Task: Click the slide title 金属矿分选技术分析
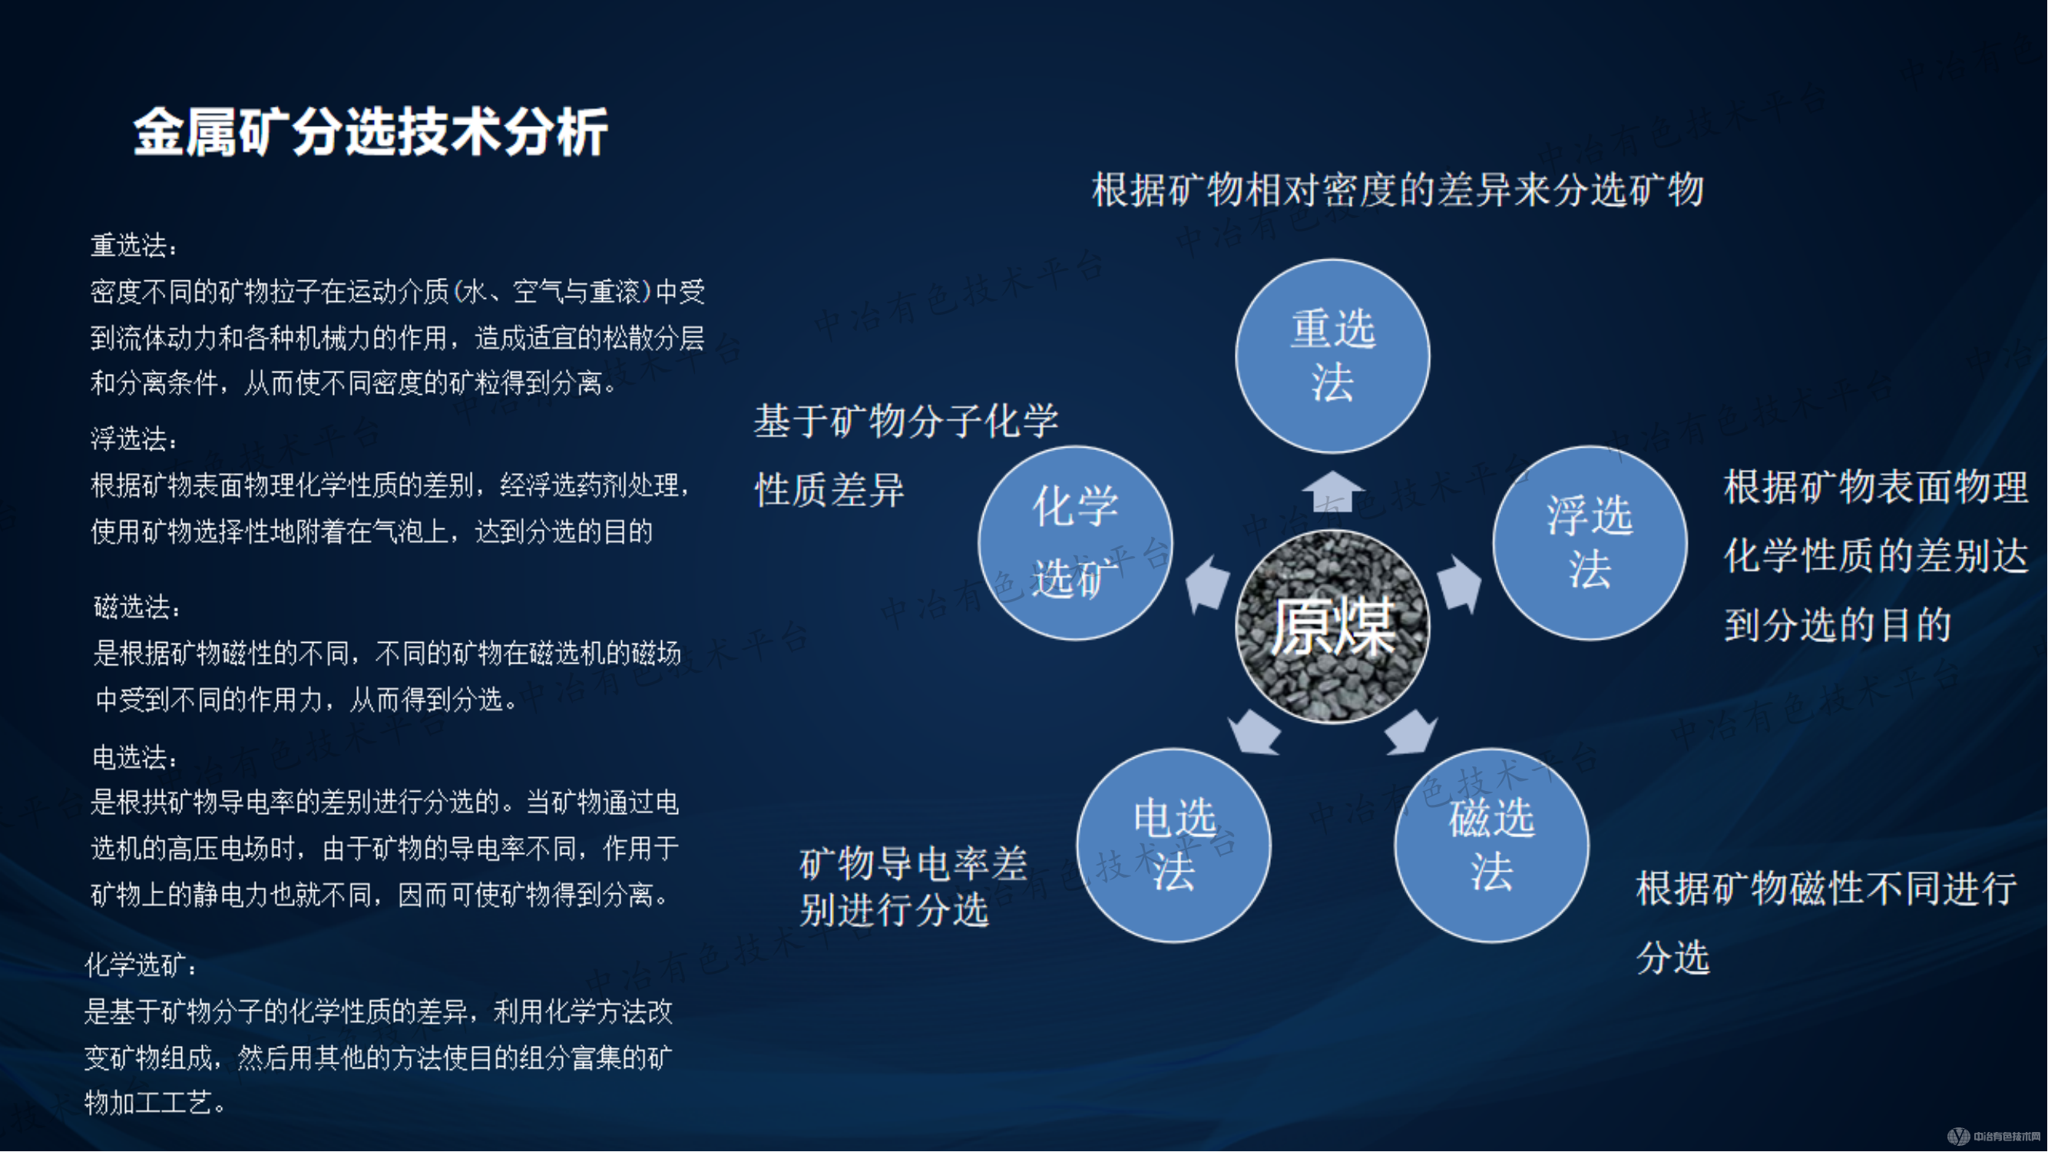(x=370, y=132)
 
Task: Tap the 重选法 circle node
(x=1332, y=356)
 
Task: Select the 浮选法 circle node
(x=1590, y=543)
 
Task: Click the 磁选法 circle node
(x=1491, y=845)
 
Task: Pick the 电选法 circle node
(x=1173, y=845)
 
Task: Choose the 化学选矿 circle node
(x=1075, y=543)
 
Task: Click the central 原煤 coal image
(x=1332, y=627)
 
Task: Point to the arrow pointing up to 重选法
(x=1333, y=492)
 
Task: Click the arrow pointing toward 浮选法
(x=1460, y=584)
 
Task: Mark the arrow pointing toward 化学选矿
(x=1207, y=584)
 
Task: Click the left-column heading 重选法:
(x=134, y=246)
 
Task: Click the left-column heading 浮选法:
(x=134, y=439)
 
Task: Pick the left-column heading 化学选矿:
(x=140, y=965)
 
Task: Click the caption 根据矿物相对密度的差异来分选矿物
(x=1398, y=190)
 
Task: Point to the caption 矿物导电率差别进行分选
(x=913, y=886)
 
